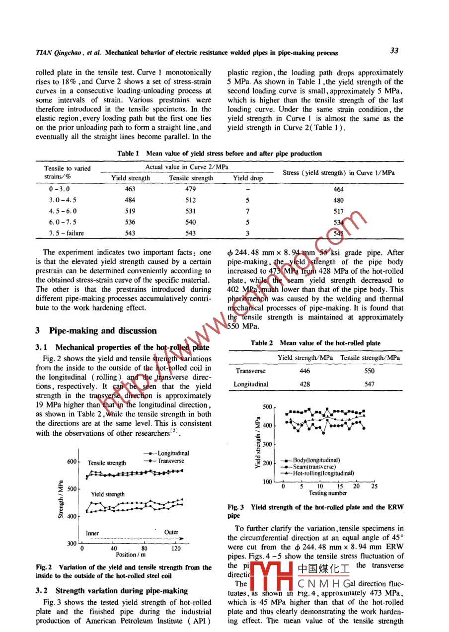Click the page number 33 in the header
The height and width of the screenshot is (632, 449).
click(x=394, y=51)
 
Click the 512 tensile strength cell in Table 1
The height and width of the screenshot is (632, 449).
click(x=191, y=201)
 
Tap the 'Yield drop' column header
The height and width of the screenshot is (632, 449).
click(x=248, y=178)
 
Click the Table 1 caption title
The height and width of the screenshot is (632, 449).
click(x=219, y=154)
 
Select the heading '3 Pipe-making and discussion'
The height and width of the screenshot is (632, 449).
click(x=96, y=330)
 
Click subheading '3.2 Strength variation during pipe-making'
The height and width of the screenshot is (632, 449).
click(x=112, y=591)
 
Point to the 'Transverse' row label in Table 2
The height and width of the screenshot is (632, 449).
click(x=251, y=371)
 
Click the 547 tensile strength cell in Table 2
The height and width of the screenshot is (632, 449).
click(x=369, y=384)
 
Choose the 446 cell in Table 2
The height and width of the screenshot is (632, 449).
click(x=305, y=371)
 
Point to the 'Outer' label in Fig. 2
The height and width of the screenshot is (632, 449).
click(x=171, y=532)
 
